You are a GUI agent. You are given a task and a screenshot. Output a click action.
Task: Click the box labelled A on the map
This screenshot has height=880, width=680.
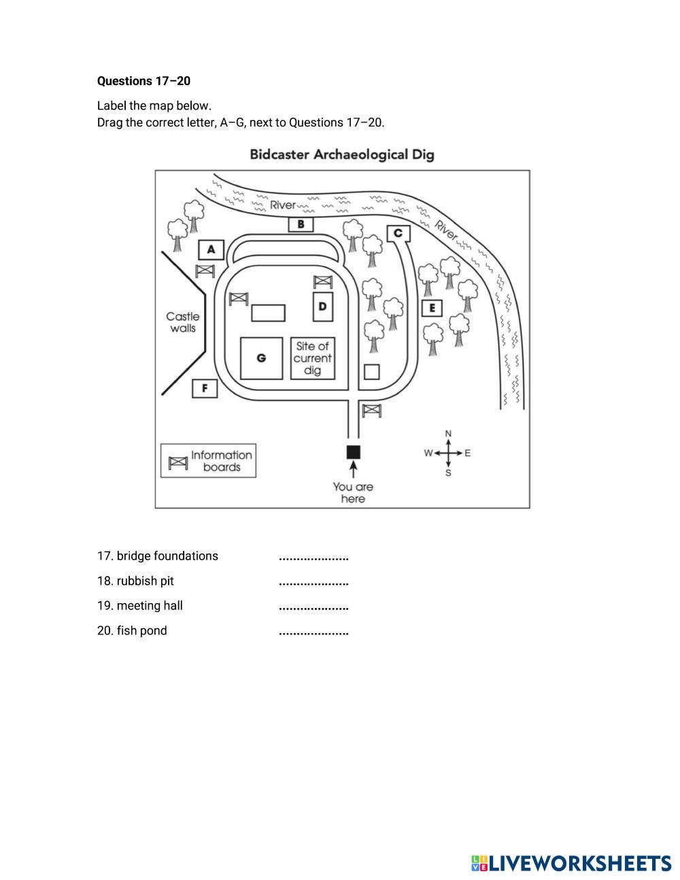point(211,250)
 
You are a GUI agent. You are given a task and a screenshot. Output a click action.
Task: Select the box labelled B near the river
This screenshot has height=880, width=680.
point(301,224)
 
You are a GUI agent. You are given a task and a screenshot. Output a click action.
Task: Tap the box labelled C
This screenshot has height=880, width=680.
point(398,234)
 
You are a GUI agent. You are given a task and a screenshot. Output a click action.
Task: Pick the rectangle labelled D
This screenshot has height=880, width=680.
point(322,307)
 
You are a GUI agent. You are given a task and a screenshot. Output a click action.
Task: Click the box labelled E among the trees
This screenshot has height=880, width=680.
point(431,309)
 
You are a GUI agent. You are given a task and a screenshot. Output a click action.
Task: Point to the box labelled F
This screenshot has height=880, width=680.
point(204,389)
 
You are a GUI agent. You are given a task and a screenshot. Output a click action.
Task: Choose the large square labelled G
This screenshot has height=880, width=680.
point(261,358)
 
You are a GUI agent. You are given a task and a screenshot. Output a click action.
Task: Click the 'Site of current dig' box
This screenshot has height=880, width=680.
point(313,358)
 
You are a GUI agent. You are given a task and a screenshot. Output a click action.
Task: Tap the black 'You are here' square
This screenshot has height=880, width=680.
point(353,452)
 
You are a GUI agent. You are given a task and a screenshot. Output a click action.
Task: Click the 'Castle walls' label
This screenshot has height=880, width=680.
point(183,322)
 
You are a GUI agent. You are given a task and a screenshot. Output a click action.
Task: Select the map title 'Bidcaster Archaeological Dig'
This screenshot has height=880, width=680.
point(341,154)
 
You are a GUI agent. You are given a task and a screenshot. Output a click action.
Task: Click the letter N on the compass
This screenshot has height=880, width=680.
point(448,434)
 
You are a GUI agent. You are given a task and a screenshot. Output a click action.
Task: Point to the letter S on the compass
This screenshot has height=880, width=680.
point(448,473)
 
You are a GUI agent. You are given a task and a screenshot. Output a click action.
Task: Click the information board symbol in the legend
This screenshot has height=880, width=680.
point(178,462)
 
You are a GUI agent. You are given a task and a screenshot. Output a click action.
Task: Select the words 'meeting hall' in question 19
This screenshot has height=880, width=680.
point(150,605)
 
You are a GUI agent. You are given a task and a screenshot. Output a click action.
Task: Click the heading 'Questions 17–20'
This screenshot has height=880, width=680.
point(143,81)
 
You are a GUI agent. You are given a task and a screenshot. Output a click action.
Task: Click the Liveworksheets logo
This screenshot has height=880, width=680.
point(571,863)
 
